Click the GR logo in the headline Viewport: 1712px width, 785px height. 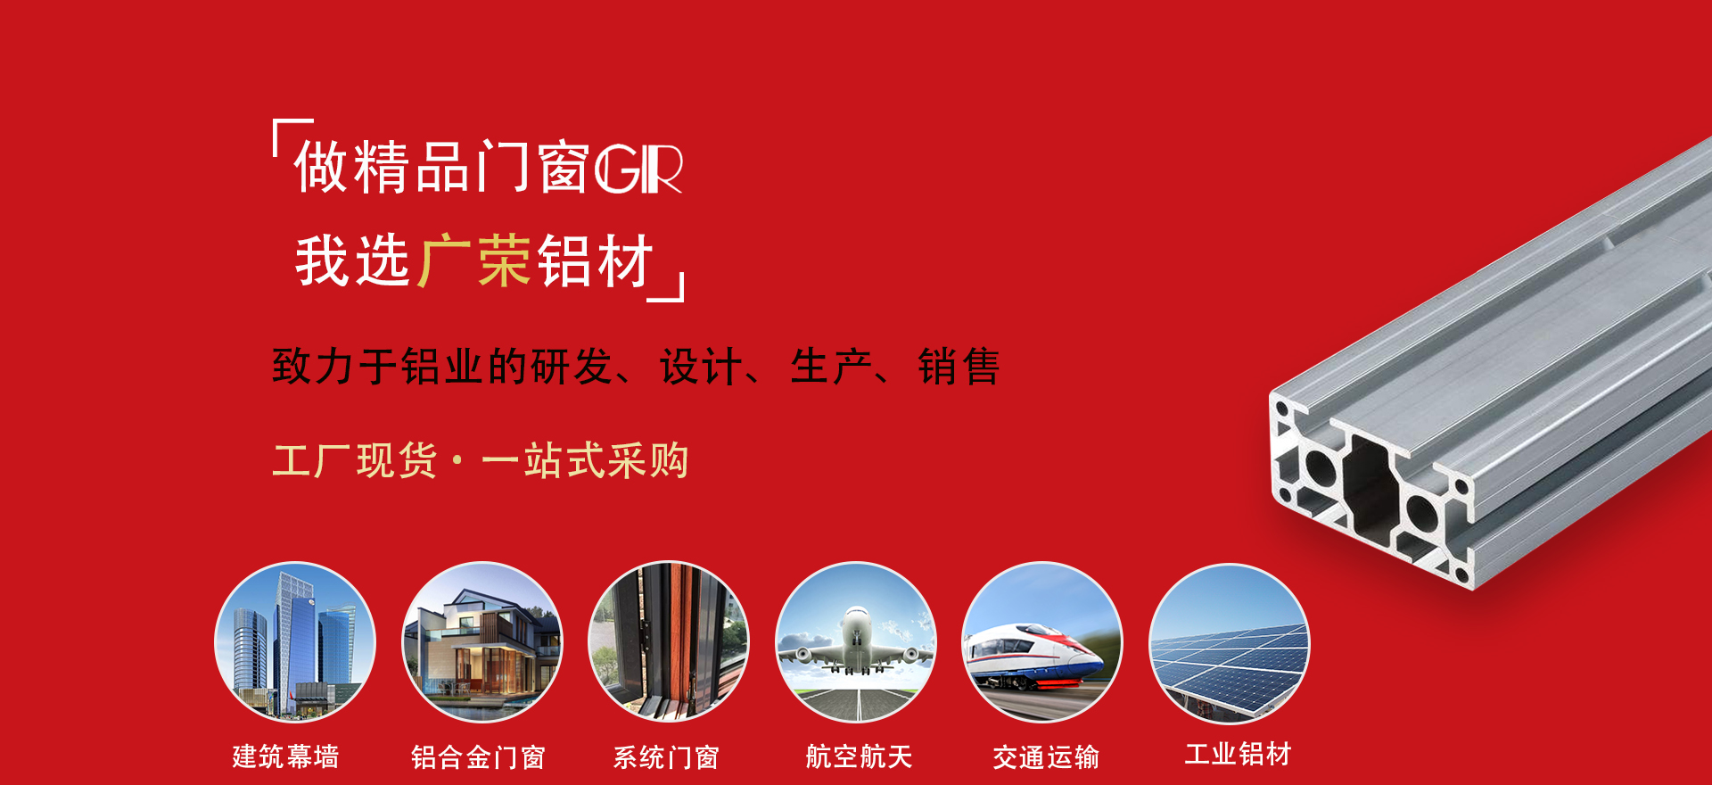(x=638, y=169)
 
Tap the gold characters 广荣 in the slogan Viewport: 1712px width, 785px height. (x=474, y=260)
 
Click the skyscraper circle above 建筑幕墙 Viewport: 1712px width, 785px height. (x=295, y=641)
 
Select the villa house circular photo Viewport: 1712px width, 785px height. (x=482, y=641)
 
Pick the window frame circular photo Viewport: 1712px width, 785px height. (x=669, y=641)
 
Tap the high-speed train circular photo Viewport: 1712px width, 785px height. (x=1041, y=641)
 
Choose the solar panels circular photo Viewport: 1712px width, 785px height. (x=1229, y=643)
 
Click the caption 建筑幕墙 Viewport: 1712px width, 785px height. (x=285, y=756)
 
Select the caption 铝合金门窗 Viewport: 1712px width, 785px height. (x=478, y=757)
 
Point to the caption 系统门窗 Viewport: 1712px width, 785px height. (x=666, y=757)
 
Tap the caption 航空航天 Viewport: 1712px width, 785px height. (x=859, y=756)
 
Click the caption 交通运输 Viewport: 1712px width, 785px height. (x=1046, y=757)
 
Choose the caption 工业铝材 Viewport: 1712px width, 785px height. (x=1238, y=754)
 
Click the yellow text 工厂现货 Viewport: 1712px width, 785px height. (x=355, y=461)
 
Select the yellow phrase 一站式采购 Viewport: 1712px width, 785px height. (x=585, y=461)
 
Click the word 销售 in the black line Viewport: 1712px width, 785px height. (x=959, y=367)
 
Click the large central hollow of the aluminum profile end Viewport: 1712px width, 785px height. (x=1371, y=486)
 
